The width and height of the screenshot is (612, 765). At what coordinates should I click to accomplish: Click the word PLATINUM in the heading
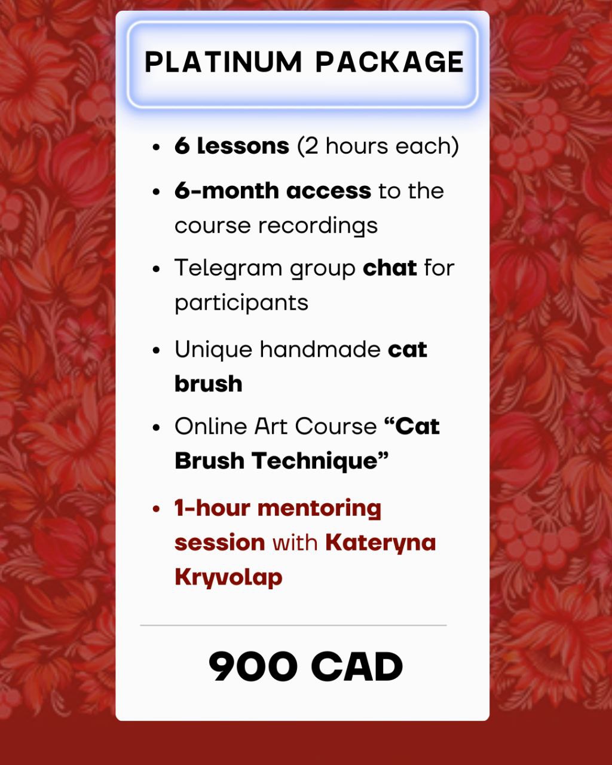223,62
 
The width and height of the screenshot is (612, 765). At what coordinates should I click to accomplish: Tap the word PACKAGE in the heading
390,62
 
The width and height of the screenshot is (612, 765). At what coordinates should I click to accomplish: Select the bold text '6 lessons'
232,146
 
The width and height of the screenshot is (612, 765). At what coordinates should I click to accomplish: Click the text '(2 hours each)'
378,146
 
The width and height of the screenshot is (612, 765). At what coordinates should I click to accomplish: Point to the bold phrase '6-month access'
273,191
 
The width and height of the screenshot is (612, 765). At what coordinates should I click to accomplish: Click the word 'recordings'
317,226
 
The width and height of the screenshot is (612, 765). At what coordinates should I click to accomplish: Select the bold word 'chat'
390,268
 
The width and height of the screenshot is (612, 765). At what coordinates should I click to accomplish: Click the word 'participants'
241,303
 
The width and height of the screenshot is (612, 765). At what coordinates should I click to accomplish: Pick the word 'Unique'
213,350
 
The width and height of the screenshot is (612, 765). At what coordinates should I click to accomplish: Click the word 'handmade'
320,349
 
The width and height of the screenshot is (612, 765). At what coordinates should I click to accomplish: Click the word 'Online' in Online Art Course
210,426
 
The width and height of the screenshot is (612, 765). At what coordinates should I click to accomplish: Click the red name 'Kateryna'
381,543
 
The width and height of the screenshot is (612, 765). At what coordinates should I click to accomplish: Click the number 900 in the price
253,666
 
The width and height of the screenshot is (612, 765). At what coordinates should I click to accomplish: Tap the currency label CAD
357,666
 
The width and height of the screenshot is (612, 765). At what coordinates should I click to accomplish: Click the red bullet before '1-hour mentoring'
156,509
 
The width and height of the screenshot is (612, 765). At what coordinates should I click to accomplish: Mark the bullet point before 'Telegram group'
156,269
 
